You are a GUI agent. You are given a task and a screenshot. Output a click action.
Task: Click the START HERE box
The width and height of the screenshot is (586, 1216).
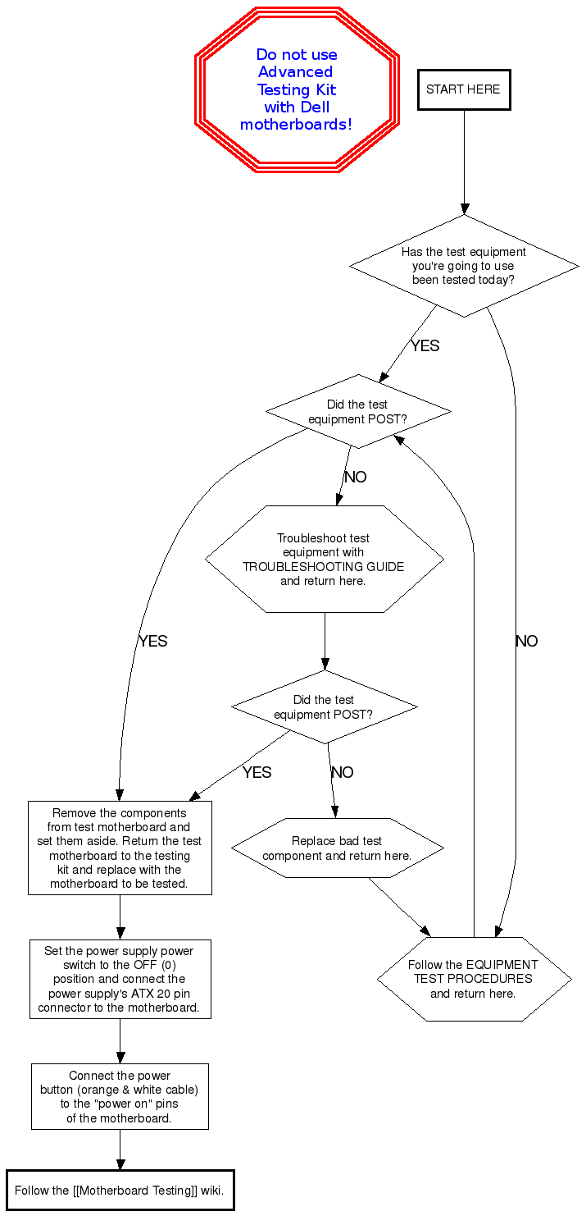(463, 89)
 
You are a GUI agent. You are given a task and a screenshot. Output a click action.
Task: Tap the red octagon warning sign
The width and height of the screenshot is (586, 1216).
(297, 89)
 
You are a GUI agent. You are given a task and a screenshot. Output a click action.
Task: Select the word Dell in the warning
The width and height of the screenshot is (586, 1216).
(315, 107)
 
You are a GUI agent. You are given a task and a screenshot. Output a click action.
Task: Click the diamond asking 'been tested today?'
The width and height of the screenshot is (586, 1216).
(464, 266)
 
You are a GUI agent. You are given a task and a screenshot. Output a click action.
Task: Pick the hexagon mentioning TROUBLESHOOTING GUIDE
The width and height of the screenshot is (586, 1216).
(324, 559)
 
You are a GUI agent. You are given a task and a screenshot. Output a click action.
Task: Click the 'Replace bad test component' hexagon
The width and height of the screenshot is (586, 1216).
(337, 848)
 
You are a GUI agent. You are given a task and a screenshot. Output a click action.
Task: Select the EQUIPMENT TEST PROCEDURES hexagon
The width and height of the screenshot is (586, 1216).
(474, 979)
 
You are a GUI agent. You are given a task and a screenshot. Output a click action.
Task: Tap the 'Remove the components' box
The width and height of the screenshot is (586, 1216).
(120, 848)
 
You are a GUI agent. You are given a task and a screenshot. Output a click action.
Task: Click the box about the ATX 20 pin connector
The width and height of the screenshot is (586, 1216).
(120, 979)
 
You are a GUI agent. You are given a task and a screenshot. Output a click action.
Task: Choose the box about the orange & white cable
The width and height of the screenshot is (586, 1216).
(120, 1096)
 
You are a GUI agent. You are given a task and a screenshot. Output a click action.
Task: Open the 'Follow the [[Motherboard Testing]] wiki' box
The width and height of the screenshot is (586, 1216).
(120, 1190)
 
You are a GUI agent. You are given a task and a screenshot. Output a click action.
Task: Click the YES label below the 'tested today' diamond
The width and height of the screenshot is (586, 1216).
(425, 345)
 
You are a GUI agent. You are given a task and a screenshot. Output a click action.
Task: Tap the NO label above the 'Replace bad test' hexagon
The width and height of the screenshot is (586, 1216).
(342, 772)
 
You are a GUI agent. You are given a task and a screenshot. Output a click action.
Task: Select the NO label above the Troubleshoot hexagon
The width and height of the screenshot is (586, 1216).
(355, 477)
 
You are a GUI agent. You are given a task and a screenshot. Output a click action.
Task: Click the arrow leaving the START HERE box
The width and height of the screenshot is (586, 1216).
(465, 160)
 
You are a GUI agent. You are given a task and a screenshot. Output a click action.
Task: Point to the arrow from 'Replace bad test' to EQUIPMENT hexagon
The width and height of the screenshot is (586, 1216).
(399, 907)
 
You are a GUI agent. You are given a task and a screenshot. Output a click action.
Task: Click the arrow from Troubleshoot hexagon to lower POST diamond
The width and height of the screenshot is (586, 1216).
(325, 641)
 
